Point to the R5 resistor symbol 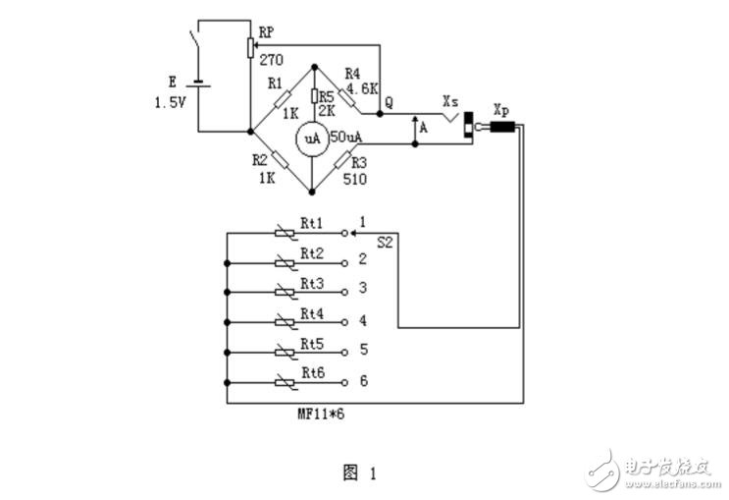point(314,96)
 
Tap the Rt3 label point(312,283)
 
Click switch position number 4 point(362,320)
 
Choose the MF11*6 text point(321,415)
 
